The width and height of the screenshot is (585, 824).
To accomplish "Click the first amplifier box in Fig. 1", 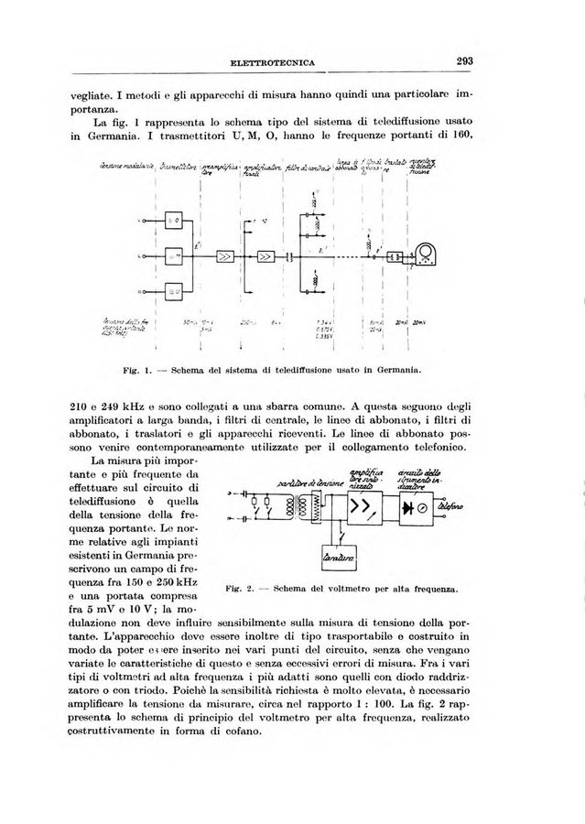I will pos(224,257).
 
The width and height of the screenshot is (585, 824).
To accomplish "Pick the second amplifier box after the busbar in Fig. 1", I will pos(267,257).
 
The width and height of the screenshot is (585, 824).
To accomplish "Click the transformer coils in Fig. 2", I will pos(295,506).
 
